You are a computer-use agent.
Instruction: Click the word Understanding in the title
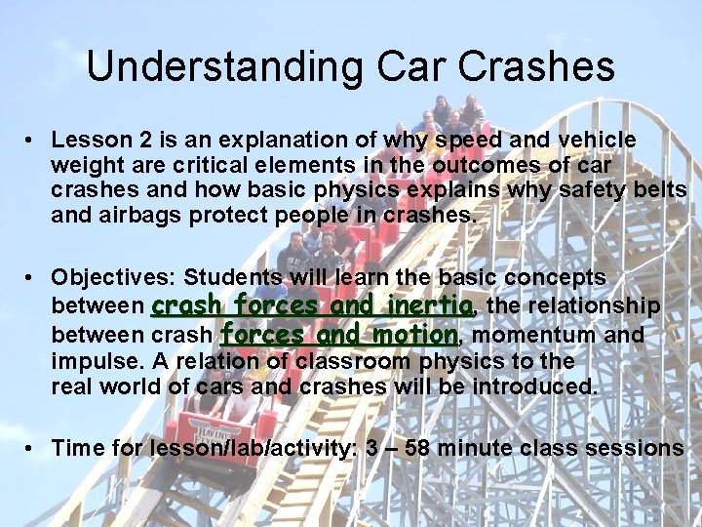(x=220, y=67)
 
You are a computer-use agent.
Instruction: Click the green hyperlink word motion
(x=414, y=335)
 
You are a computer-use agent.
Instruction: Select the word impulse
(x=91, y=361)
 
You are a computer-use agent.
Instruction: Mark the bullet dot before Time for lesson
(x=32, y=448)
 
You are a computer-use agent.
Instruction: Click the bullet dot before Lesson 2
(x=32, y=141)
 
